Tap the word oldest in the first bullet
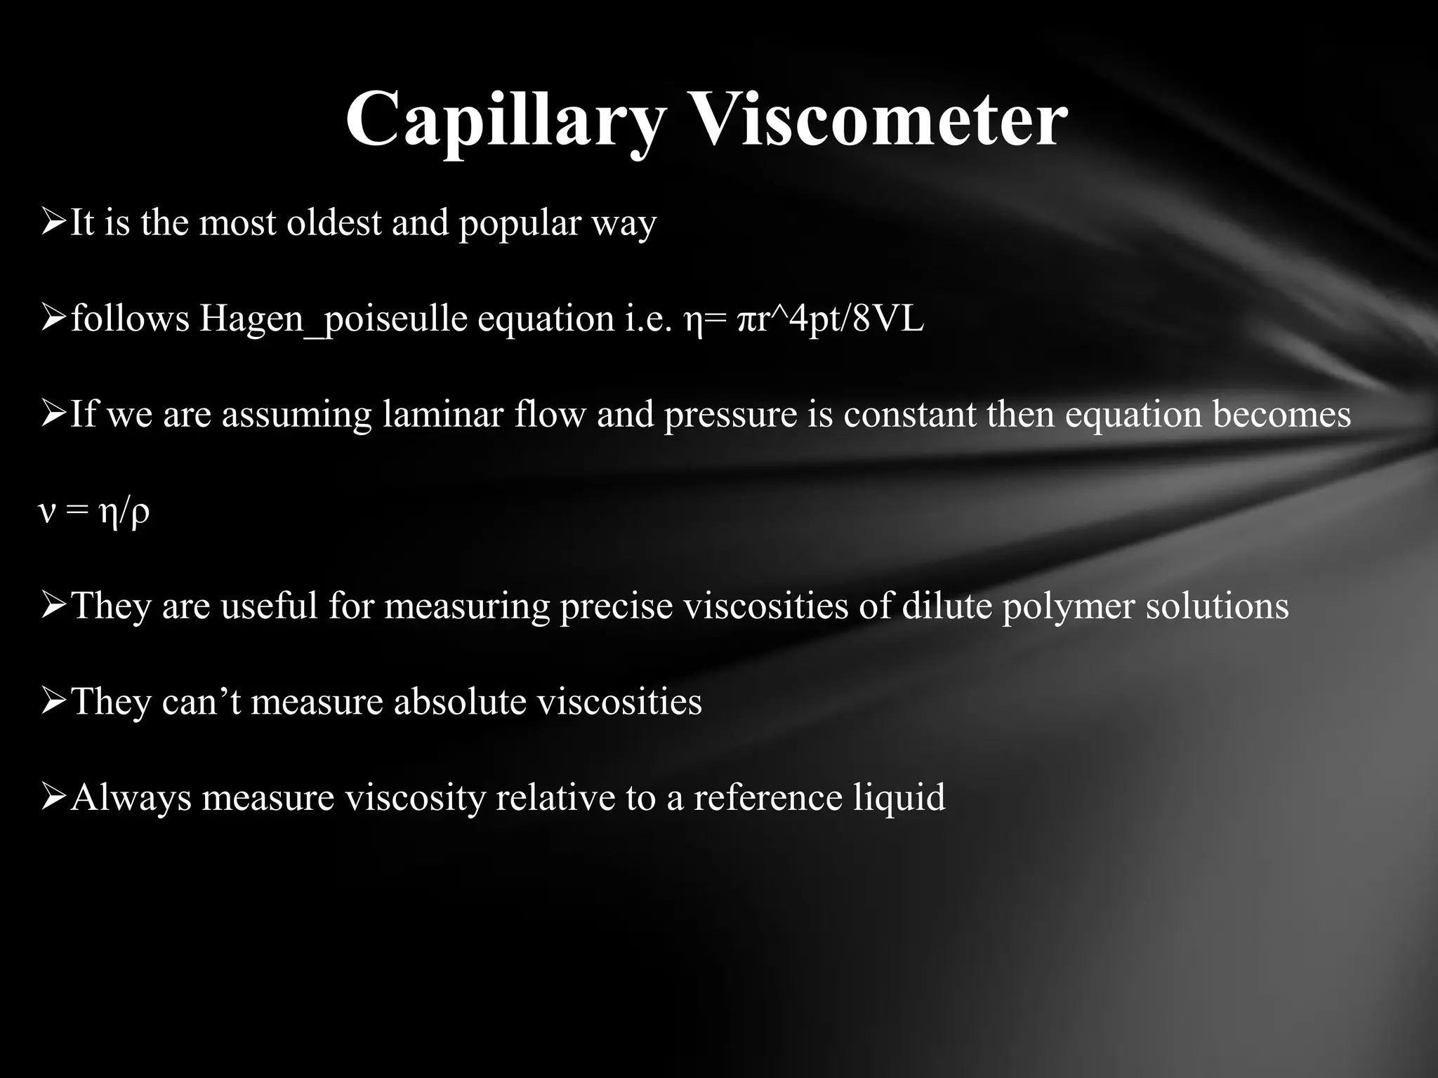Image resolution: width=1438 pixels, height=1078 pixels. [x=333, y=223]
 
